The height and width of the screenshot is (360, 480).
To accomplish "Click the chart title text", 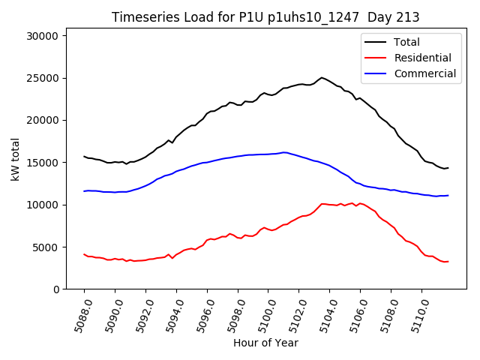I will [x=265, y=17].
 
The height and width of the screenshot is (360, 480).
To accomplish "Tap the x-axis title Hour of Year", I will [x=265, y=343].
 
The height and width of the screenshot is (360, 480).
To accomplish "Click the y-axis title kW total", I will [x=15, y=162].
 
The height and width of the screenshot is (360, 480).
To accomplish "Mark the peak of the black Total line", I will [x=322, y=77].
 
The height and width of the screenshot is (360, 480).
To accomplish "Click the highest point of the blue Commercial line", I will [x=284, y=152].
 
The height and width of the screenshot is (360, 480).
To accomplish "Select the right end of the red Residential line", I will [x=448, y=261].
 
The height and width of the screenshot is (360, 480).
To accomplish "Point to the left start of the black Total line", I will [x=84, y=156].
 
